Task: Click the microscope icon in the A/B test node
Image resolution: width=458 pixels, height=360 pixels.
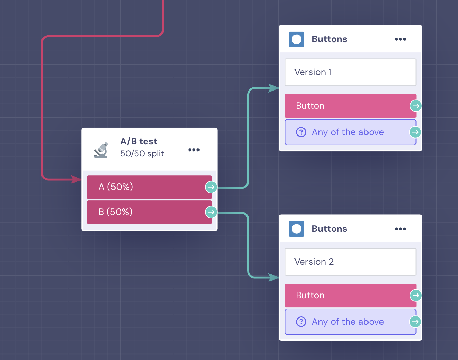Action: tap(101, 150)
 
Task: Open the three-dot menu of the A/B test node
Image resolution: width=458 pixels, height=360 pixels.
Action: tap(194, 150)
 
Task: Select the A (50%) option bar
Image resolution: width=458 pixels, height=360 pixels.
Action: tap(149, 187)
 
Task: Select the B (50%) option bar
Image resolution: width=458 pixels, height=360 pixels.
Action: tap(149, 212)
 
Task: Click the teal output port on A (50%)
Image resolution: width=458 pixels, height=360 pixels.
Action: tap(211, 187)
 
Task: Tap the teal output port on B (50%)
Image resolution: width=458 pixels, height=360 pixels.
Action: tap(211, 212)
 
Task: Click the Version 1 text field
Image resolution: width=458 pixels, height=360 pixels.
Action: tap(350, 72)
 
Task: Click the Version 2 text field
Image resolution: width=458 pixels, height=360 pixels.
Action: tap(350, 262)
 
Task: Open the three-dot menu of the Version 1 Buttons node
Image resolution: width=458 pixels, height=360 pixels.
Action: tap(400, 39)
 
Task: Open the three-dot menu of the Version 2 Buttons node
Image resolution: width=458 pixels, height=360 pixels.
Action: tap(400, 229)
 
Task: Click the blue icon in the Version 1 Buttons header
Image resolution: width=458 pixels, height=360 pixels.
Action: tap(296, 39)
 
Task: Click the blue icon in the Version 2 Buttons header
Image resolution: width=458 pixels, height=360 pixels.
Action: tap(296, 229)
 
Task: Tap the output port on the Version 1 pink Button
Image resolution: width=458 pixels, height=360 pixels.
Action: tap(416, 106)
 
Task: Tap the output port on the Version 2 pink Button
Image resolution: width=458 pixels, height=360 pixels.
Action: tap(416, 295)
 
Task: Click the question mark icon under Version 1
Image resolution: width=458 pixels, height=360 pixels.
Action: tap(301, 132)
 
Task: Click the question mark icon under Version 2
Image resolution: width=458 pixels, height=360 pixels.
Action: tap(301, 322)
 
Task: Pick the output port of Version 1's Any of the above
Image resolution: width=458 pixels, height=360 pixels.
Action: tap(415, 132)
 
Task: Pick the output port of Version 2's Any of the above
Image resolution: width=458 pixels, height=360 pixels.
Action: tap(415, 322)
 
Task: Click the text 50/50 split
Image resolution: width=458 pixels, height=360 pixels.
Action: tap(142, 154)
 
